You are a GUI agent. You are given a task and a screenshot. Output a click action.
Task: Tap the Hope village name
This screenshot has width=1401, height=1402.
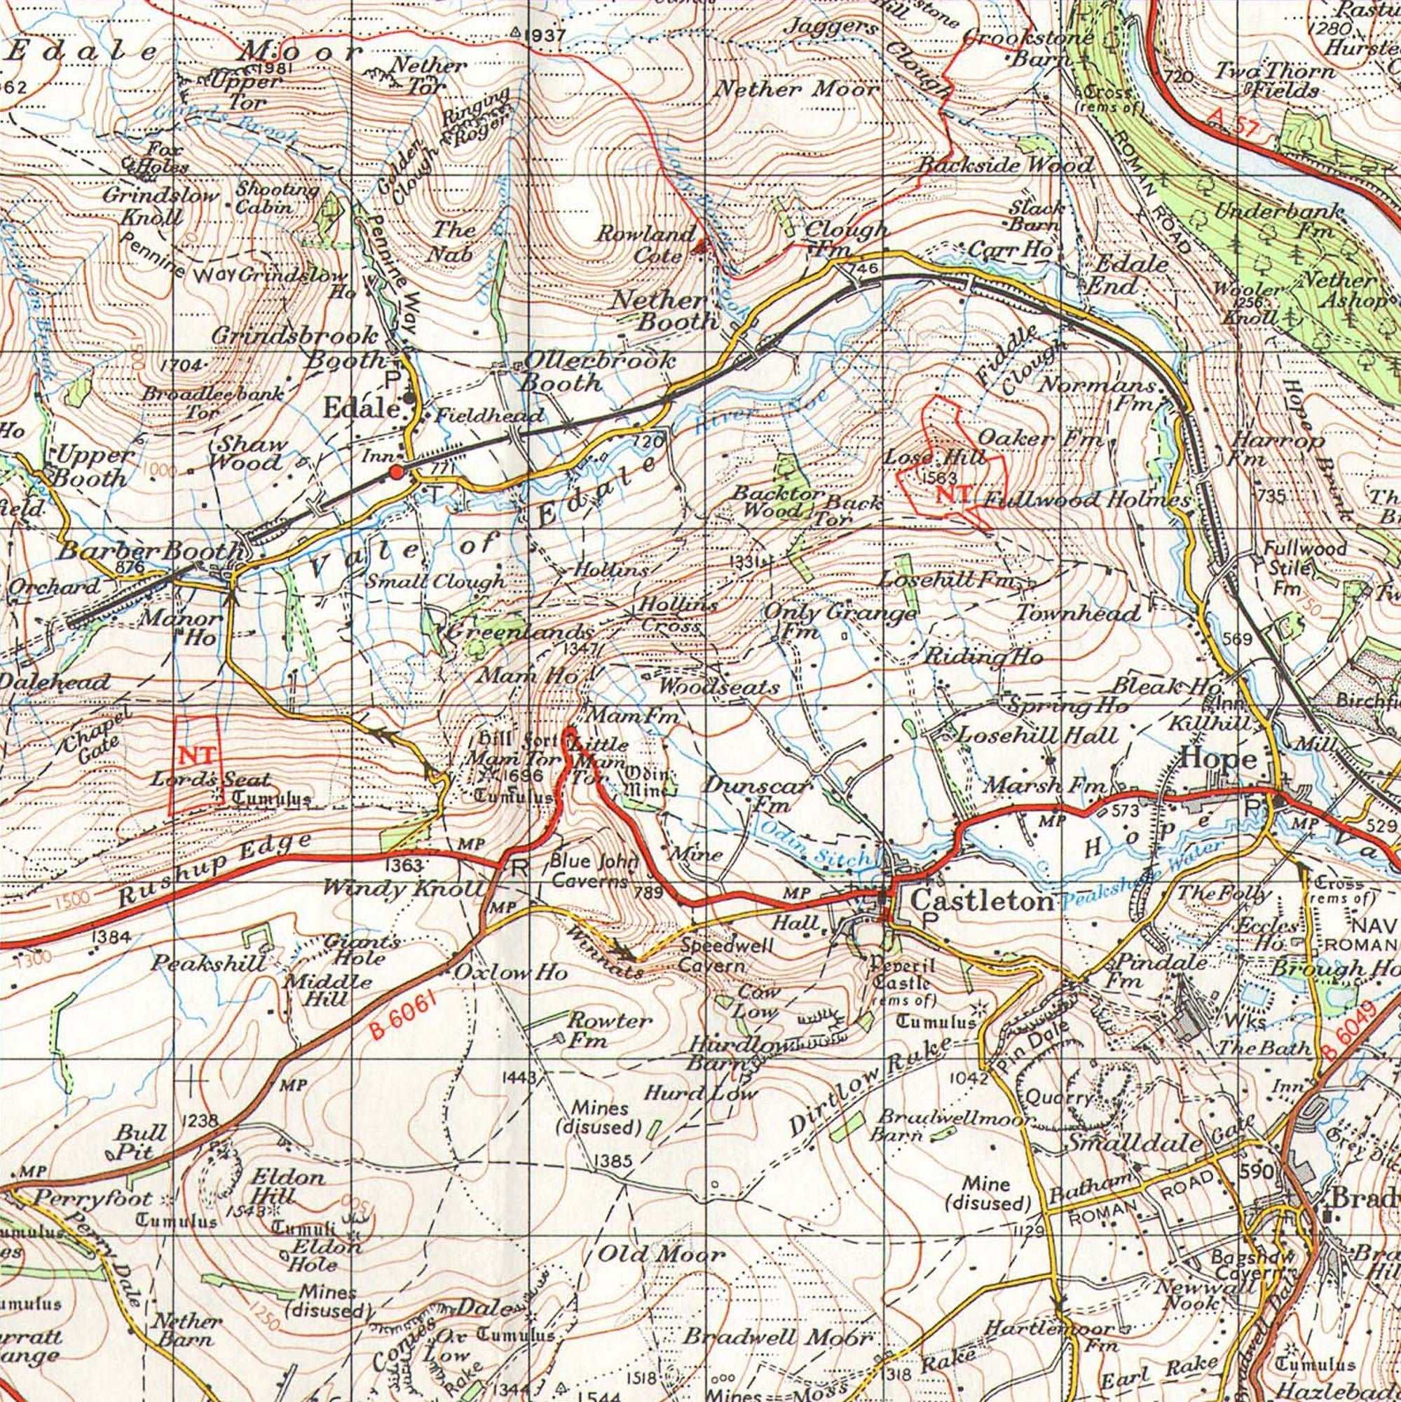tap(1219, 760)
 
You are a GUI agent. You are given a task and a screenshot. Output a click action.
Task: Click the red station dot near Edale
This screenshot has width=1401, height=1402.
tap(395, 472)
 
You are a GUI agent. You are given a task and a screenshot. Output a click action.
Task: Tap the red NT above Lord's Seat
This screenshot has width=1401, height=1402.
tap(196, 756)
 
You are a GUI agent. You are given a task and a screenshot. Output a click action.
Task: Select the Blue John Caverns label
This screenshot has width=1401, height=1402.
tap(594, 871)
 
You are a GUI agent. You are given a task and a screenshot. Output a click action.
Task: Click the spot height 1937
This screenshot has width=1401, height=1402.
tap(538, 34)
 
